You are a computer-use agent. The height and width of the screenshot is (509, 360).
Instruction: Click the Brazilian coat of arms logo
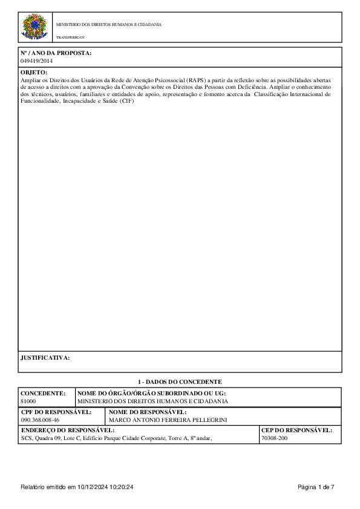[34, 28]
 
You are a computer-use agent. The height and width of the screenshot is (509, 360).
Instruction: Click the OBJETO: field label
[34, 72]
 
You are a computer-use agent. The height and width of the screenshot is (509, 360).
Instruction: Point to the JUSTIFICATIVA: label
[45, 357]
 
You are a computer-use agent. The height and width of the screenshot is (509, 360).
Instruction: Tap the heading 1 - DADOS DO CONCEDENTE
[180, 381]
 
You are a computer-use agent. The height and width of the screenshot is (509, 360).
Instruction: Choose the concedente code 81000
[28, 401]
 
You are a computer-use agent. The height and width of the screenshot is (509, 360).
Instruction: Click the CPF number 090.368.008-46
[40, 420]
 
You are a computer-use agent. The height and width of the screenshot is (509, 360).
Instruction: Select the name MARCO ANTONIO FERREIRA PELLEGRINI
[168, 420]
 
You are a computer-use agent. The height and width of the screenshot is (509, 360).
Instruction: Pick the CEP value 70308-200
[275, 438]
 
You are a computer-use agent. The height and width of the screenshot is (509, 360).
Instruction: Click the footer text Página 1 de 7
[316, 487]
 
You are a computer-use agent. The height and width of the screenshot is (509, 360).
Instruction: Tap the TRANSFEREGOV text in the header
[71, 37]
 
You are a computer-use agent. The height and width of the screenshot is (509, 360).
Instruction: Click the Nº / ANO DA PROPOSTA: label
[56, 53]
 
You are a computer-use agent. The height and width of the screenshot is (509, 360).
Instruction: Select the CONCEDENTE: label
[42, 393]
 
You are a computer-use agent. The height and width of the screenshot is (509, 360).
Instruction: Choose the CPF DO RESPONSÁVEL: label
[56, 412]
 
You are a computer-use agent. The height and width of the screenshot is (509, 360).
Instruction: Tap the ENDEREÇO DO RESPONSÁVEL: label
[67, 430]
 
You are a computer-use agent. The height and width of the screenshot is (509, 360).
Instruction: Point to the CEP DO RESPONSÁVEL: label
[296, 430]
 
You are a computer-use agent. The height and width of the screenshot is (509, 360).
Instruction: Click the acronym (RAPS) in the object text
[196, 80]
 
